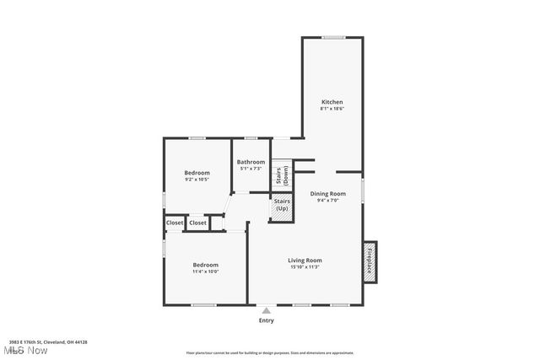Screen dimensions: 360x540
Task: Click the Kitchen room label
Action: click(x=331, y=102)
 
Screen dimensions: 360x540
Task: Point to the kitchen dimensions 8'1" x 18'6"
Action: click(x=331, y=110)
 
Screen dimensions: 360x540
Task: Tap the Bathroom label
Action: click(x=251, y=162)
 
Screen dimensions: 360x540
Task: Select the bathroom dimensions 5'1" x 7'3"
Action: click(x=251, y=169)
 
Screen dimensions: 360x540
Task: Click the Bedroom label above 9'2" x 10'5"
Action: click(x=197, y=172)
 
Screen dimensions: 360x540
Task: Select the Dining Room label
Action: click(x=327, y=193)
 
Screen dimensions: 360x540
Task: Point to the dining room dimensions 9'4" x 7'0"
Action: click(x=327, y=201)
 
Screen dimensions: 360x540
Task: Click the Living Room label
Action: click(x=305, y=260)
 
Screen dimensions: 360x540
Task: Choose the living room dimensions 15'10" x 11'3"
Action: click(x=305, y=267)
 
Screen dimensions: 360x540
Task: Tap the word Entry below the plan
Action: click(x=266, y=320)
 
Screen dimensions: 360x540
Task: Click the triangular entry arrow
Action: click(x=266, y=311)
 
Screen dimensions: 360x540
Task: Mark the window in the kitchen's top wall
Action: click(x=332, y=36)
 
